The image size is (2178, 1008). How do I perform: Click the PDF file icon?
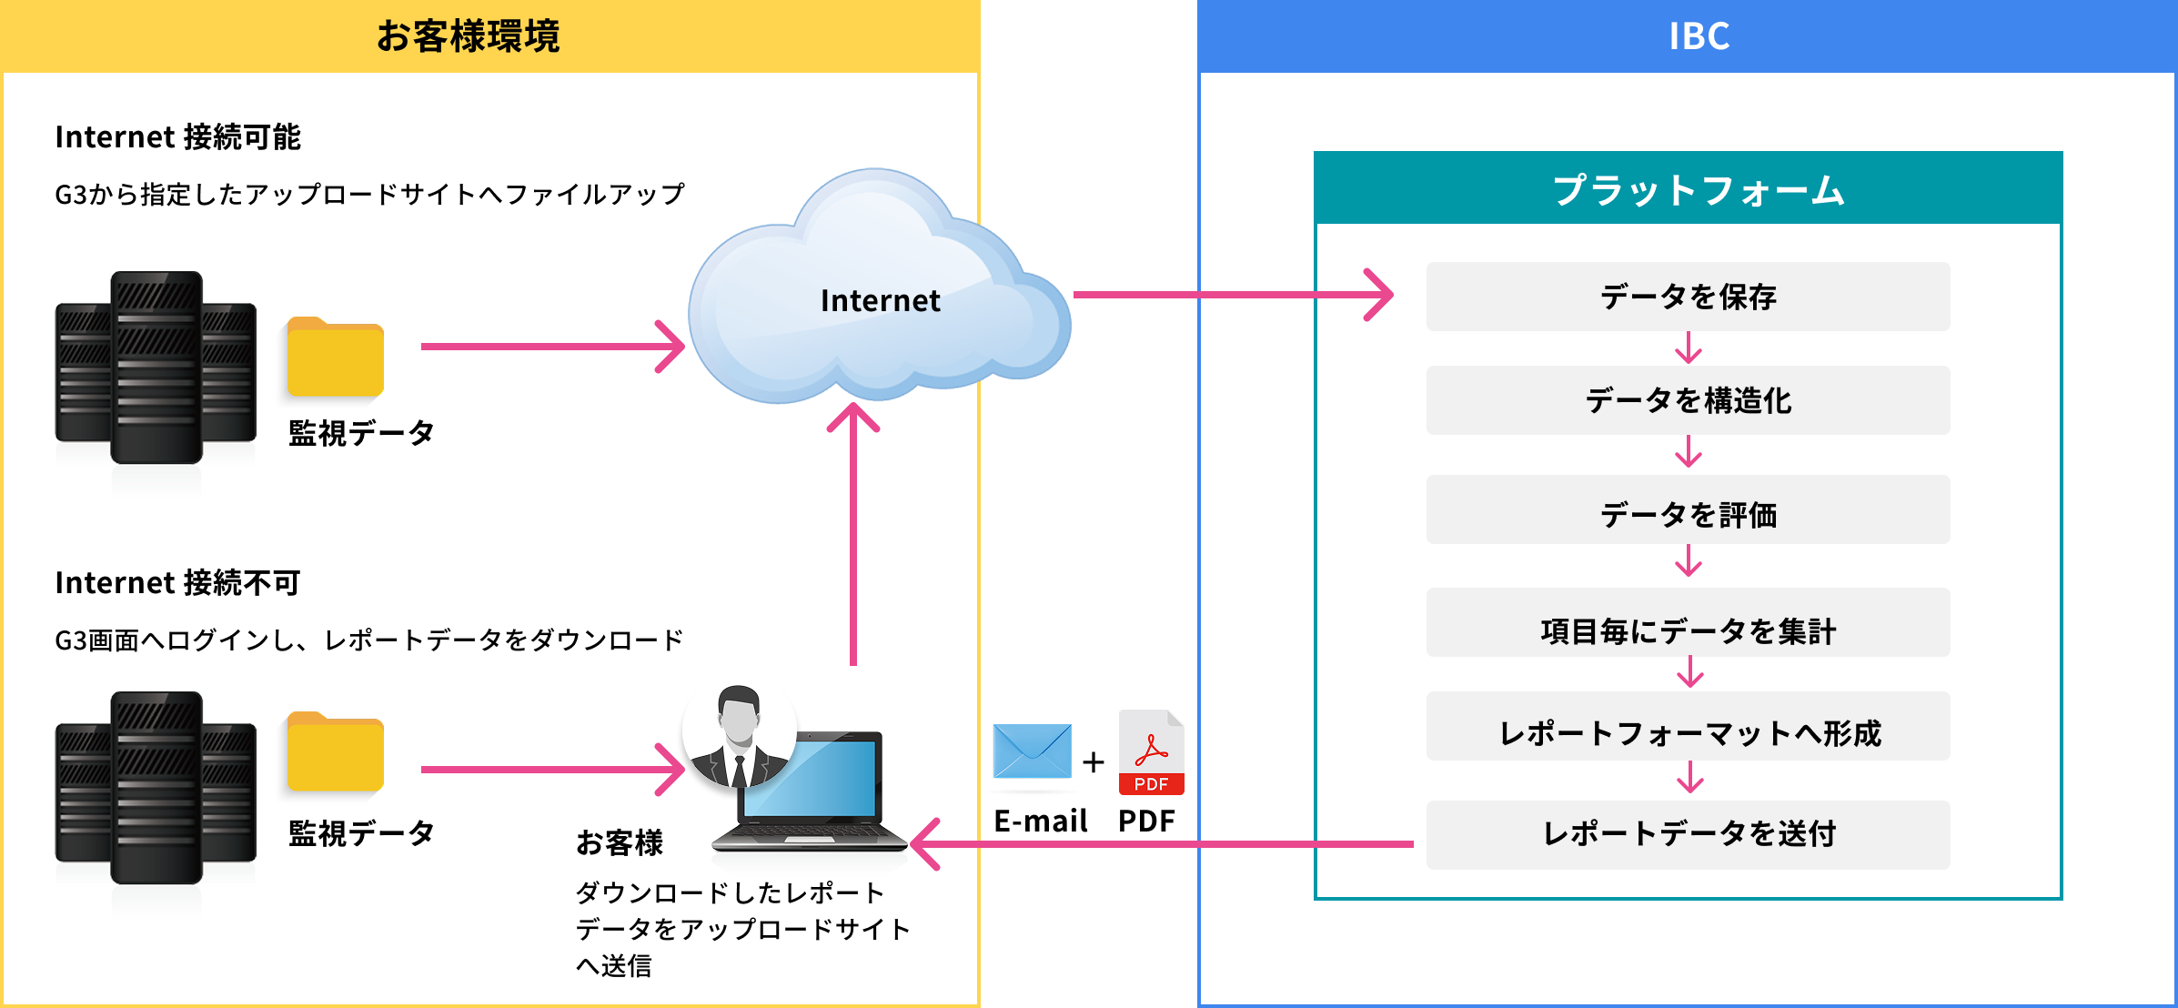point(1151,752)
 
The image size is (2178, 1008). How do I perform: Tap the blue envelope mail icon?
point(1033,751)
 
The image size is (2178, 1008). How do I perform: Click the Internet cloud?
point(878,291)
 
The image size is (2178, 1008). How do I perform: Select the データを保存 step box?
point(1688,297)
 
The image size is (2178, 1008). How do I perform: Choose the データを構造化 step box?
point(1688,400)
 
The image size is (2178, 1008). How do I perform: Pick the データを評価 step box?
point(1688,510)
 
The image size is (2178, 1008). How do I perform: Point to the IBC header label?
point(1699,36)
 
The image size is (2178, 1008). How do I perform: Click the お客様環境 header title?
point(468,36)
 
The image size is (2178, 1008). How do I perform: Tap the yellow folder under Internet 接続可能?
point(335,358)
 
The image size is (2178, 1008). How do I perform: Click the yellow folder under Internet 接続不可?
point(335,752)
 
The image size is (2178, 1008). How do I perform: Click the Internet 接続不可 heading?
point(177,582)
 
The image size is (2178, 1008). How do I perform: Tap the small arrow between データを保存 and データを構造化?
point(1689,348)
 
